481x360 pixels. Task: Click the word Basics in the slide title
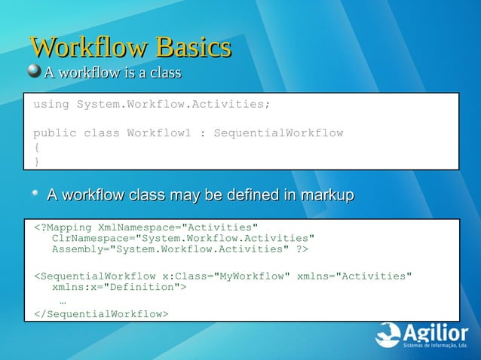coord(192,48)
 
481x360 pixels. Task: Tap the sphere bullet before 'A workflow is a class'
coord(34,72)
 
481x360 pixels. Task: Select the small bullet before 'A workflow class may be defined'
coord(35,195)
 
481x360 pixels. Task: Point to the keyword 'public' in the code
coord(54,133)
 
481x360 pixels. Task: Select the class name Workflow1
coord(158,133)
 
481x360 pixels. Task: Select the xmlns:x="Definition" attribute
coord(119,287)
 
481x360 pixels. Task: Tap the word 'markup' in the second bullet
coord(326,196)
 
